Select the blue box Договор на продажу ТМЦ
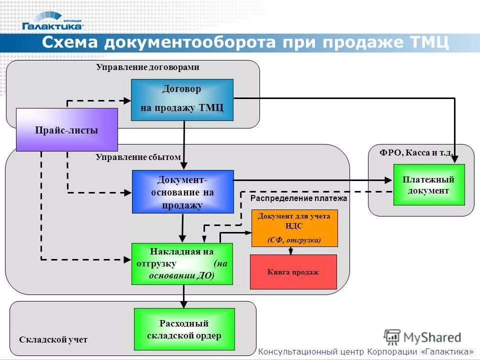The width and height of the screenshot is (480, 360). click(x=182, y=99)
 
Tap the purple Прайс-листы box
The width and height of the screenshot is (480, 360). click(x=66, y=130)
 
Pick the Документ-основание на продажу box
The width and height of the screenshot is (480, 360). click(x=182, y=191)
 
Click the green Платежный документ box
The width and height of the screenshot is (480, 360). click(x=428, y=184)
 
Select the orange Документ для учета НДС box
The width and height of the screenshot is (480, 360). click(x=294, y=228)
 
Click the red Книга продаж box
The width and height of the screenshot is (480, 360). click(x=293, y=272)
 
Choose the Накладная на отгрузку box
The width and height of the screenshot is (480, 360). click(x=182, y=263)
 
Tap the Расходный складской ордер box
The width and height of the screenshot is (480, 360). click(x=184, y=329)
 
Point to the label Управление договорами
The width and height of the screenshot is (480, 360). click(x=147, y=67)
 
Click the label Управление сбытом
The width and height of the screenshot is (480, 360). click(x=138, y=157)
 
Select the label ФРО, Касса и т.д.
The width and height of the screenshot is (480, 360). click(x=416, y=152)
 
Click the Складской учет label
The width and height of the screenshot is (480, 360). click(x=53, y=339)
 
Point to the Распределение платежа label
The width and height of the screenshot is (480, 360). click(x=298, y=198)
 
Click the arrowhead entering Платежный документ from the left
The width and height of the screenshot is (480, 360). click(x=389, y=180)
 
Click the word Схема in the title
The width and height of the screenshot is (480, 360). click(x=70, y=42)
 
